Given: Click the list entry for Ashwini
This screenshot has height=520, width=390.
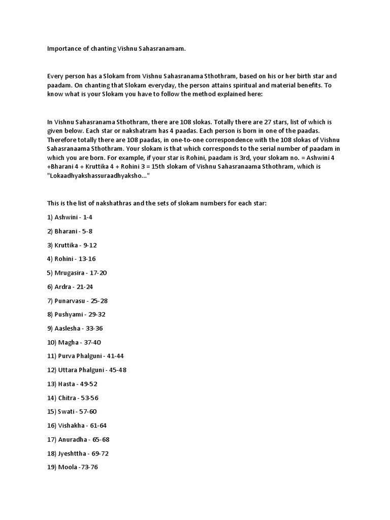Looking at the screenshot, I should [x=70, y=217].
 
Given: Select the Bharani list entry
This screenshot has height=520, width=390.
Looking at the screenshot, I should [x=70, y=231].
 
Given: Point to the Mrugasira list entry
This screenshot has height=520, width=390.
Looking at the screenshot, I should [x=77, y=273].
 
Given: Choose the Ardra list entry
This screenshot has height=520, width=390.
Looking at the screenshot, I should [x=70, y=286].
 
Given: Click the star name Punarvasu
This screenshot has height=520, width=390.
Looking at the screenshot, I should [x=74, y=301].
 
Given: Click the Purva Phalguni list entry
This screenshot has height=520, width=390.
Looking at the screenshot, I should [x=85, y=356].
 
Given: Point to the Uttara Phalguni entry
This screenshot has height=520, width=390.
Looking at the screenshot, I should [x=86, y=370].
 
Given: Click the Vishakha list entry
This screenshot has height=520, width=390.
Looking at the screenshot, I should [x=77, y=425].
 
